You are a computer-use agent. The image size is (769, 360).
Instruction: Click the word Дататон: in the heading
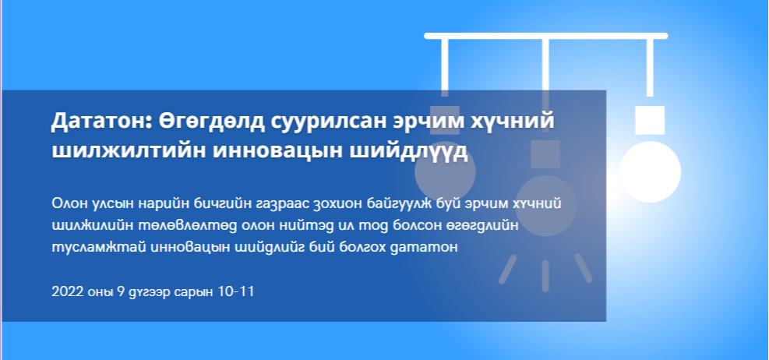tap(101, 121)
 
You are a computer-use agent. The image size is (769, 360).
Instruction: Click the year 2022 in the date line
tap(66, 292)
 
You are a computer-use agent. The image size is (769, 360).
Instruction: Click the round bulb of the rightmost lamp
tap(651, 171)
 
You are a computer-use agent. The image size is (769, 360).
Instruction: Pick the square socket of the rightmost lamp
tap(650, 120)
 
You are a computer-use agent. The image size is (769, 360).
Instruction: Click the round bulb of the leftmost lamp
tap(446, 171)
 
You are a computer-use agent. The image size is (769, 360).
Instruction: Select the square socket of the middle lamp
tap(545, 154)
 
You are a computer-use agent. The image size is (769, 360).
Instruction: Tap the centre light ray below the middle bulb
tap(545, 276)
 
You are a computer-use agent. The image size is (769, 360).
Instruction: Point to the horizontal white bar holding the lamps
tap(546, 36)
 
